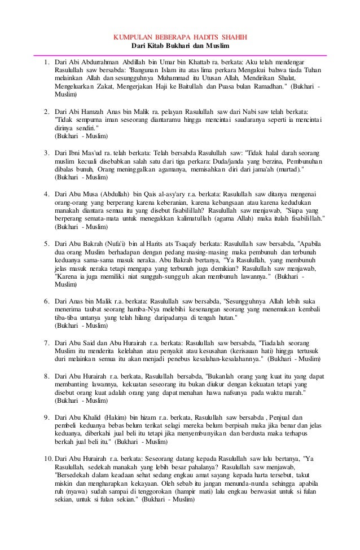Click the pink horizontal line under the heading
tap(180, 55)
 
